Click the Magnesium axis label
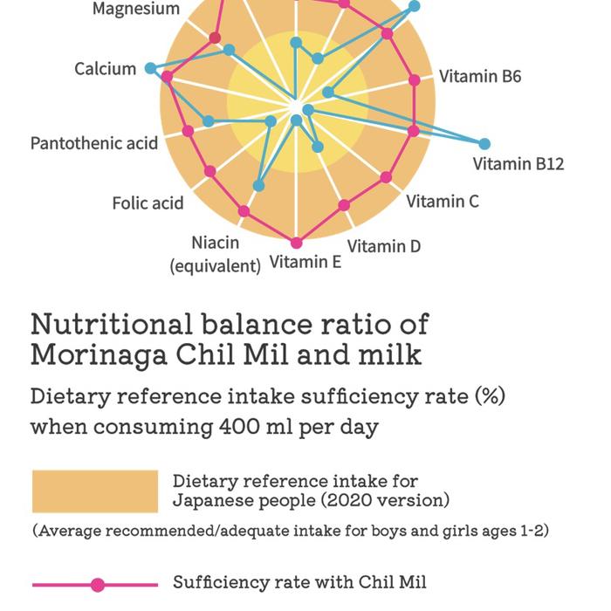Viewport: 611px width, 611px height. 136,10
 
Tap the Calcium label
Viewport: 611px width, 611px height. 105,69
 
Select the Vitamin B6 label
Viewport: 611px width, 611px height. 479,77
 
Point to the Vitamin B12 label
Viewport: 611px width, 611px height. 518,163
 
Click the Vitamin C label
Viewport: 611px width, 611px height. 443,202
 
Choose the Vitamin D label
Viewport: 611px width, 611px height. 384,246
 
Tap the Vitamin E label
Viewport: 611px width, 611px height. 305,261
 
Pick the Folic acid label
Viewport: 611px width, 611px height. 148,203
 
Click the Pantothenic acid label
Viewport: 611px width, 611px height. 94,143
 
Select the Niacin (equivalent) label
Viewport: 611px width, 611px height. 215,254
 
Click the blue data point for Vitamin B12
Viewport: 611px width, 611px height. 484,144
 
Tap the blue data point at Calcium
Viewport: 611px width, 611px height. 151,68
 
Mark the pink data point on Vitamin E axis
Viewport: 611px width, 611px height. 297,243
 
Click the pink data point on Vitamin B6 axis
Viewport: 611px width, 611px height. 415,80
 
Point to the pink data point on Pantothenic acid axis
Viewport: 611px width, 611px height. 188,131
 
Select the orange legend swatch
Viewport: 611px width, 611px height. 95,491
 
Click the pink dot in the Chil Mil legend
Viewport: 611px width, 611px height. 98,585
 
